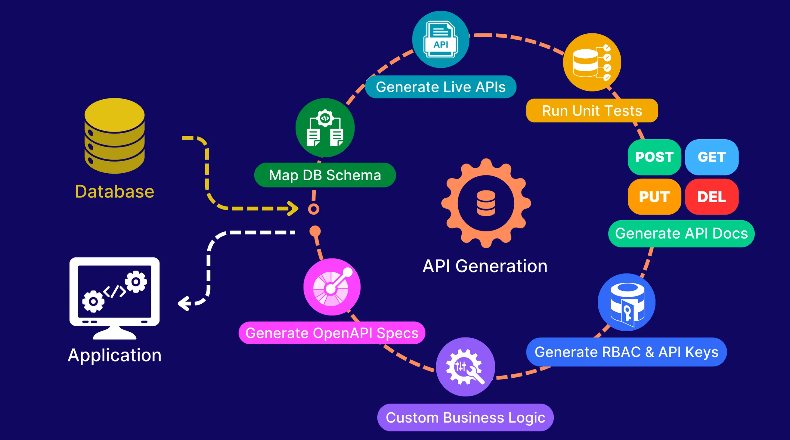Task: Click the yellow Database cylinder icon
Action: click(x=114, y=135)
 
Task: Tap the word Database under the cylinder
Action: click(x=114, y=192)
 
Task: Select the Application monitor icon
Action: click(x=114, y=298)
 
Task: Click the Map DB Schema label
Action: click(x=325, y=175)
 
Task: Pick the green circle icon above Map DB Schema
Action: click(x=325, y=128)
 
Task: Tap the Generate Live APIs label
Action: click(x=441, y=87)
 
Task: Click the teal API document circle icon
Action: click(x=441, y=39)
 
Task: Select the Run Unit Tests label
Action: click(x=592, y=111)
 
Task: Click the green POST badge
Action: click(x=655, y=157)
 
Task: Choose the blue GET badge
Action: click(x=712, y=157)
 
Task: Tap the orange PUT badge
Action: click(x=655, y=197)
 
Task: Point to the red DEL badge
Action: click(x=712, y=197)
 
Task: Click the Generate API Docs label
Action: click(x=681, y=233)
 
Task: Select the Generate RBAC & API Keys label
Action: click(x=627, y=352)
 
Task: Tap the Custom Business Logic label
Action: click(x=466, y=417)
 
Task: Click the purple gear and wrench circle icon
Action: click(x=466, y=367)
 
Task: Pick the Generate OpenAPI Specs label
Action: click(x=332, y=333)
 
